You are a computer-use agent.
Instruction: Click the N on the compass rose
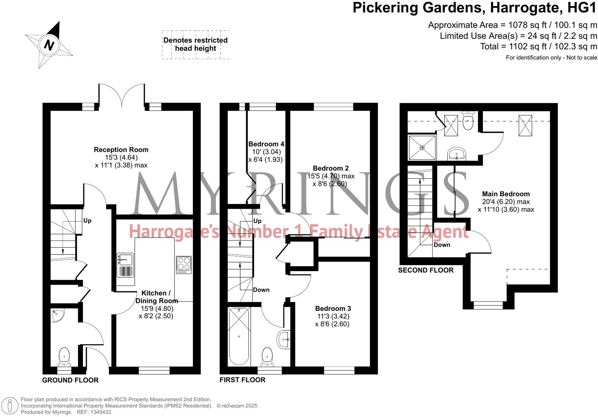pyautogui.click(x=49, y=45)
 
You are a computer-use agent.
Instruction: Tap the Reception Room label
pyautogui.click(x=121, y=150)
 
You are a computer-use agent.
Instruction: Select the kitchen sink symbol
pyautogui.click(x=125, y=265)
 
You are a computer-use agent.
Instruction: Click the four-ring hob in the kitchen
pyautogui.click(x=184, y=265)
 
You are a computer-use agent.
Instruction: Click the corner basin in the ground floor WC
pyautogui.click(x=57, y=315)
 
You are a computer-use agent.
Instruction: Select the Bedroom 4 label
pyautogui.click(x=266, y=144)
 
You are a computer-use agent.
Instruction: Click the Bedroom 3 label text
pyautogui.click(x=333, y=308)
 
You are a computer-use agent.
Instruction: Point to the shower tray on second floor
pyautogui.click(x=422, y=147)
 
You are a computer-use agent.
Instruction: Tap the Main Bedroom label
pyautogui.click(x=506, y=194)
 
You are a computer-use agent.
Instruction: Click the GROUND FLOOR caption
pyautogui.click(x=70, y=380)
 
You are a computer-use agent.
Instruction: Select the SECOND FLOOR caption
pyautogui.click(x=426, y=270)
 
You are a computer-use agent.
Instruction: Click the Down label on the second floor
pyautogui.click(x=442, y=245)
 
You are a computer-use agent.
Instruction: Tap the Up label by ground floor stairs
pyautogui.click(x=87, y=221)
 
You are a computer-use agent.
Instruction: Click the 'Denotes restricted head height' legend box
pyautogui.click(x=196, y=44)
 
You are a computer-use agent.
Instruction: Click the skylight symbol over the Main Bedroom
pyautogui.click(x=525, y=125)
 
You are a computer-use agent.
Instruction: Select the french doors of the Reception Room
pyautogui.click(x=122, y=96)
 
